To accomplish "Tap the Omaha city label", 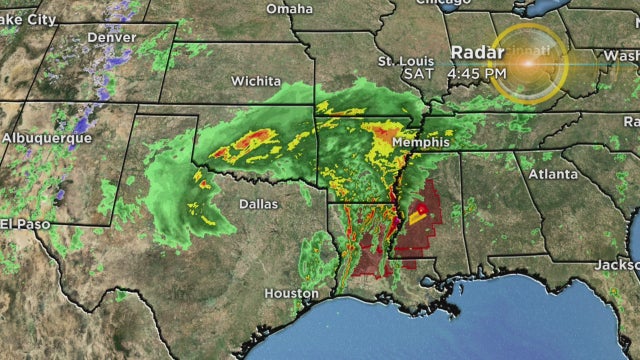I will pyautogui.click(x=289, y=9).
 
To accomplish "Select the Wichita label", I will pyautogui.click(x=256, y=80).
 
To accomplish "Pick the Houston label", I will pyautogui.click(x=290, y=294).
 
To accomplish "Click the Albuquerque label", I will pyautogui.click(x=47, y=137).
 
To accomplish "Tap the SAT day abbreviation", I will pyautogui.click(x=418, y=73).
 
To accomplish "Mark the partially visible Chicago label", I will pyautogui.click(x=443, y=3).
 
